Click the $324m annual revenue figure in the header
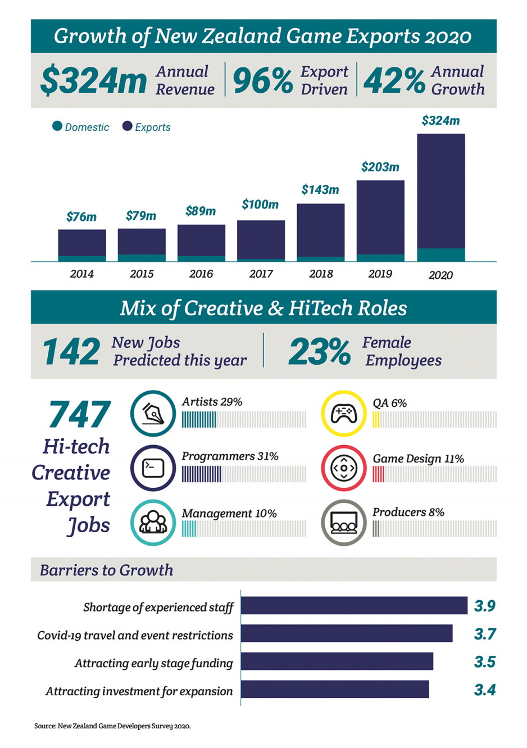(93, 80)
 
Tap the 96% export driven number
(262, 80)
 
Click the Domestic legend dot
(57, 126)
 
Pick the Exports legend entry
(146, 127)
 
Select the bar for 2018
(320, 230)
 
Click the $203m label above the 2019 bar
(380, 167)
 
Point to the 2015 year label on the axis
(141, 274)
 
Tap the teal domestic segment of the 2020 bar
(440, 255)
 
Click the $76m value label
(81, 217)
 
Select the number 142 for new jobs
(71, 352)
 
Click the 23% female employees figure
(319, 352)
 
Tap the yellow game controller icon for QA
(343, 414)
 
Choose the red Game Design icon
(343, 468)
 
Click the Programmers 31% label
(230, 456)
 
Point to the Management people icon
(153, 523)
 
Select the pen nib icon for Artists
(153, 414)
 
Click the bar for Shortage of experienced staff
(354, 605)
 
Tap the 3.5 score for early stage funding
(484, 661)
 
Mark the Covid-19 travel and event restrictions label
(135, 635)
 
